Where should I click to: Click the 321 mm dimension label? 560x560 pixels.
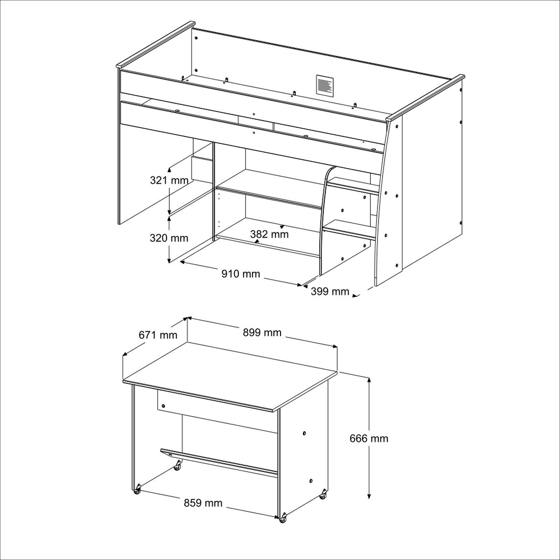(x=169, y=181)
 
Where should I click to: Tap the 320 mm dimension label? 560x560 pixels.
(x=169, y=238)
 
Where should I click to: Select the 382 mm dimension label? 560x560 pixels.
(x=269, y=234)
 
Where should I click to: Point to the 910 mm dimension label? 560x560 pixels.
(x=241, y=273)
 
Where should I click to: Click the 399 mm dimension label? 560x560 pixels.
(x=330, y=291)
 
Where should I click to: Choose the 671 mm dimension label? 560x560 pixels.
(x=158, y=335)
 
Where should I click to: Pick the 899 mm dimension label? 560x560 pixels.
(x=262, y=332)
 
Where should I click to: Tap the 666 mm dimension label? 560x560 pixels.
(x=369, y=447)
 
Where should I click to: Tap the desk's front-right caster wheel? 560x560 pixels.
(x=282, y=526)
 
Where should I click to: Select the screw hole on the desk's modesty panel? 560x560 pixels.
(x=163, y=406)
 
